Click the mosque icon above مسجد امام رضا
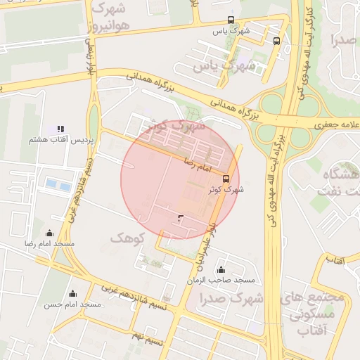coord(49,233)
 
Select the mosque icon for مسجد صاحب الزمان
coord(221,270)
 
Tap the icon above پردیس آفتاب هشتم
coord(60,129)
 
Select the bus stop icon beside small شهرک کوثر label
coord(226,179)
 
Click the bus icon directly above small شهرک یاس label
coord(231,20)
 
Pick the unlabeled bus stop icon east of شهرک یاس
coord(276,41)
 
